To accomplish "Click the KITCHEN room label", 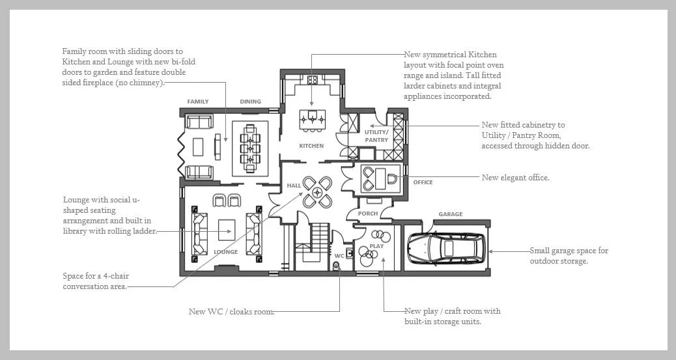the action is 311,146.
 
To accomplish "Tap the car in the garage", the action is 445,249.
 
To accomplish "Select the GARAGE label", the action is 451,214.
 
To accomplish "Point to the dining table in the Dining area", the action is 250,148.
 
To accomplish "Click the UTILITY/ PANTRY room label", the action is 376,136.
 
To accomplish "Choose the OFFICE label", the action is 423,182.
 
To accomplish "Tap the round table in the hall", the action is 317,192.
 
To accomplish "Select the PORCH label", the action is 368,214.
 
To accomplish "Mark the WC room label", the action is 339,256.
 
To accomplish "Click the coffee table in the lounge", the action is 227,230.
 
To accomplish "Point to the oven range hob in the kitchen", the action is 313,80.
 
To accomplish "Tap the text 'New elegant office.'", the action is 516,178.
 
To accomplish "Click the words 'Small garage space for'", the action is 569,251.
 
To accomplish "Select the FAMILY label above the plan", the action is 198,102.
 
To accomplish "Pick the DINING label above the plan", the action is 251,102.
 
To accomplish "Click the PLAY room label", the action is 376,246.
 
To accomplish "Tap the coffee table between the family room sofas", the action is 198,146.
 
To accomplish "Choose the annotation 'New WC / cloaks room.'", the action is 231,311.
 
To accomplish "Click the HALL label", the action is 294,186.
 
